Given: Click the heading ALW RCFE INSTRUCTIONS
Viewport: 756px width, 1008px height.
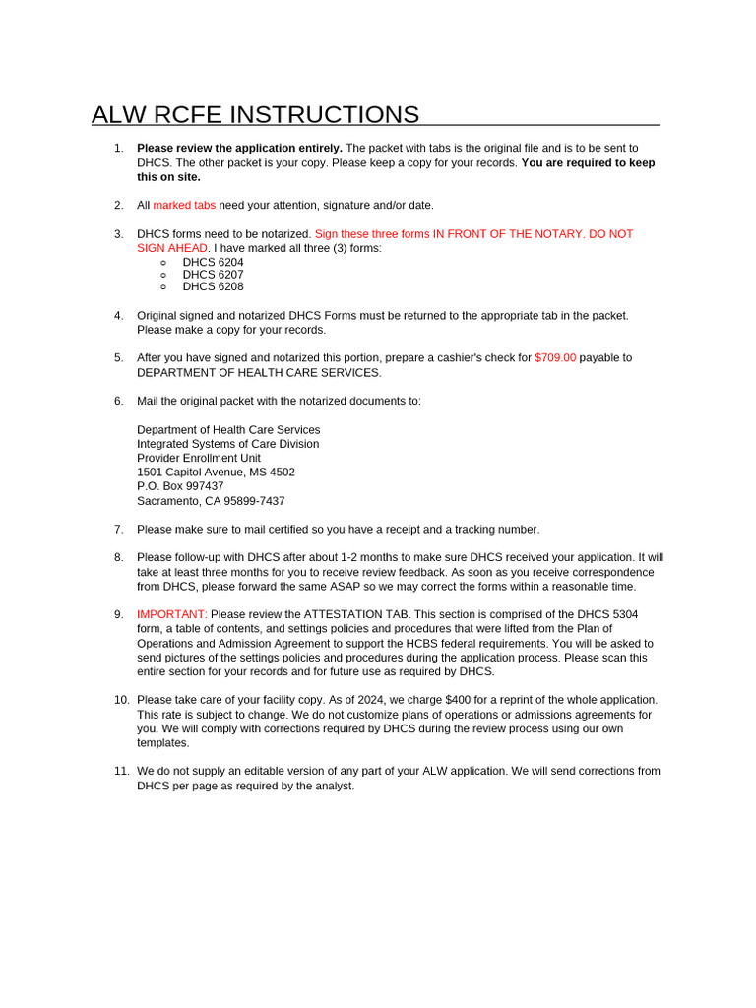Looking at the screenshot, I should click(255, 114).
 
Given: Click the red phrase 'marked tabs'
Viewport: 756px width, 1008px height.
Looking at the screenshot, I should click(184, 205).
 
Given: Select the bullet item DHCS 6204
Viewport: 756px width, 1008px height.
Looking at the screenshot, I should click(213, 263).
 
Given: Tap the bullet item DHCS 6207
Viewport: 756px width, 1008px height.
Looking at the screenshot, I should click(213, 275).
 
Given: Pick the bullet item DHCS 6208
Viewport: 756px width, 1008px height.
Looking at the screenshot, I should click(213, 286).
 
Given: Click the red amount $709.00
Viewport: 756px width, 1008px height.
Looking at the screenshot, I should click(555, 358).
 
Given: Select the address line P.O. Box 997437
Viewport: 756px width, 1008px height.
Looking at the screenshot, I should click(180, 486).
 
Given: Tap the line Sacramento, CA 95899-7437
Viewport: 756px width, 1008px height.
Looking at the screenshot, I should click(211, 501).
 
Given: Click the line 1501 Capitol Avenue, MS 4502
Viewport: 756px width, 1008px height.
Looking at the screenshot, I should click(216, 472).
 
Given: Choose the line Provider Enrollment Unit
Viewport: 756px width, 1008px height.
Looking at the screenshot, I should click(199, 458).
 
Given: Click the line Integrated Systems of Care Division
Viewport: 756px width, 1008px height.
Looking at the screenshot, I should click(227, 444).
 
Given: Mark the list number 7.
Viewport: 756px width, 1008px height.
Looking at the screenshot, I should click(118, 530).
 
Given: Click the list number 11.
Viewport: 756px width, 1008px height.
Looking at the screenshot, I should click(121, 771).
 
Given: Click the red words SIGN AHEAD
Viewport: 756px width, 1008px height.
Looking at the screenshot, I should click(172, 248).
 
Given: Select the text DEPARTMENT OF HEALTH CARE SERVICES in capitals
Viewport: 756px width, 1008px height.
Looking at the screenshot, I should click(259, 373).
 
